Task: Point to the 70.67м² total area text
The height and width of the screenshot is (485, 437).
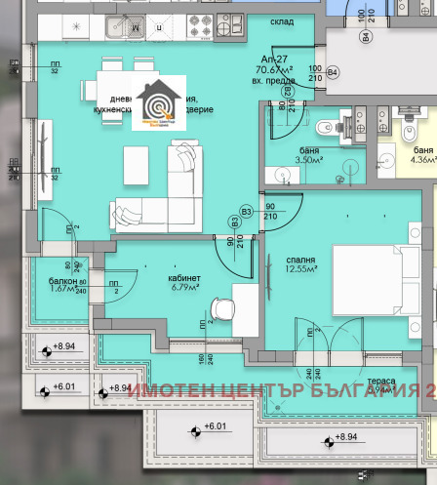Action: pyautogui.click(x=273, y=70)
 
